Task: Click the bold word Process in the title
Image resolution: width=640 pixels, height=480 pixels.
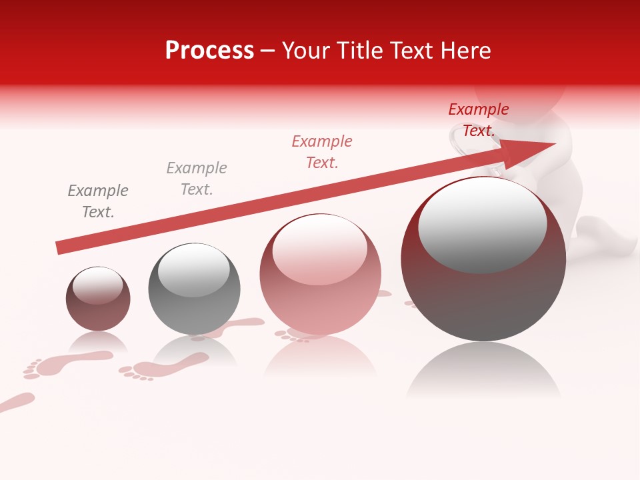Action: [209, 51]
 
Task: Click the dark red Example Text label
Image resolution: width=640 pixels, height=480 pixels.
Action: [479, 120]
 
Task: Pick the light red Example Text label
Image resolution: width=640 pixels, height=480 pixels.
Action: [322, 152]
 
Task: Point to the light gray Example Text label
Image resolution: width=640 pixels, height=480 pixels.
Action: [197, 179]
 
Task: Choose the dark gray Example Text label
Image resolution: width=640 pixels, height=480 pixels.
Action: [98, 201]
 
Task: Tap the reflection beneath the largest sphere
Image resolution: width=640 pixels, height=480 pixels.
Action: [483, 373]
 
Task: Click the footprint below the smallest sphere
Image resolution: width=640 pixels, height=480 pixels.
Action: [67, 363]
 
